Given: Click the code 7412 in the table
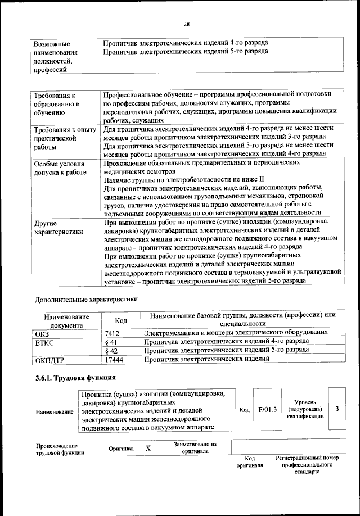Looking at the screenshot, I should pyautogui.click(x=112, y=333).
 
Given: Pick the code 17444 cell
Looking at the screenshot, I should pyautogui.click(x=114, y=359).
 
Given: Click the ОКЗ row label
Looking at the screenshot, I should pyautogui.click(x=43, y=333).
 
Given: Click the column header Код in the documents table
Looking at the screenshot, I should pyautogui.click(x=120, y=320).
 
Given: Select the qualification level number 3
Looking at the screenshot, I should pyautogui.click(x=337, y=409).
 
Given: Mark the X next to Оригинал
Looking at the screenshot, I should pyautogui.click(x=148, y=449).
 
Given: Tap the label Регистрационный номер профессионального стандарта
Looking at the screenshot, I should pyautogui.click(x=307, y=465).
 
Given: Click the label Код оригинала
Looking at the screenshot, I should pyautogui.click(x=250, y=462).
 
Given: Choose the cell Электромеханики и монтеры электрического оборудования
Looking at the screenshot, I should pyautogui.click(x=240, y=333).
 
